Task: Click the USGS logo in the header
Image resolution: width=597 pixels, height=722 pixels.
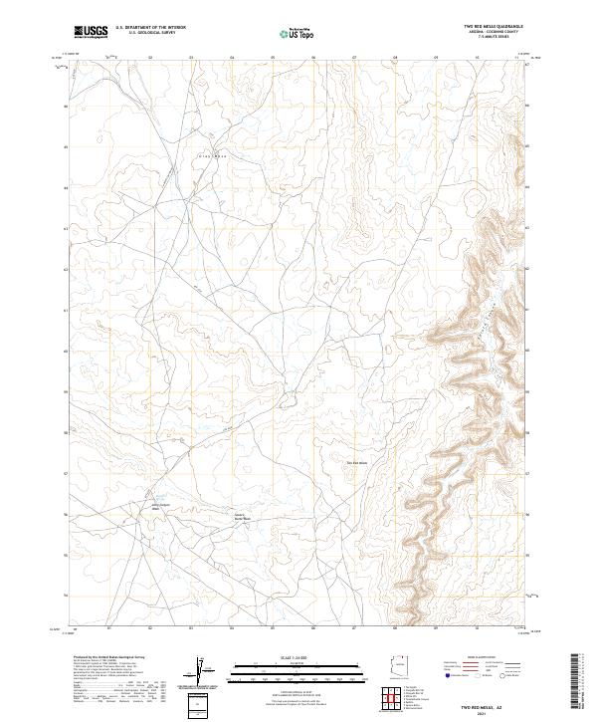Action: pos(91,32)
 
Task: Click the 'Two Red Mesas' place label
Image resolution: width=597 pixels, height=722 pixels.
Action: pos(356,462)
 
